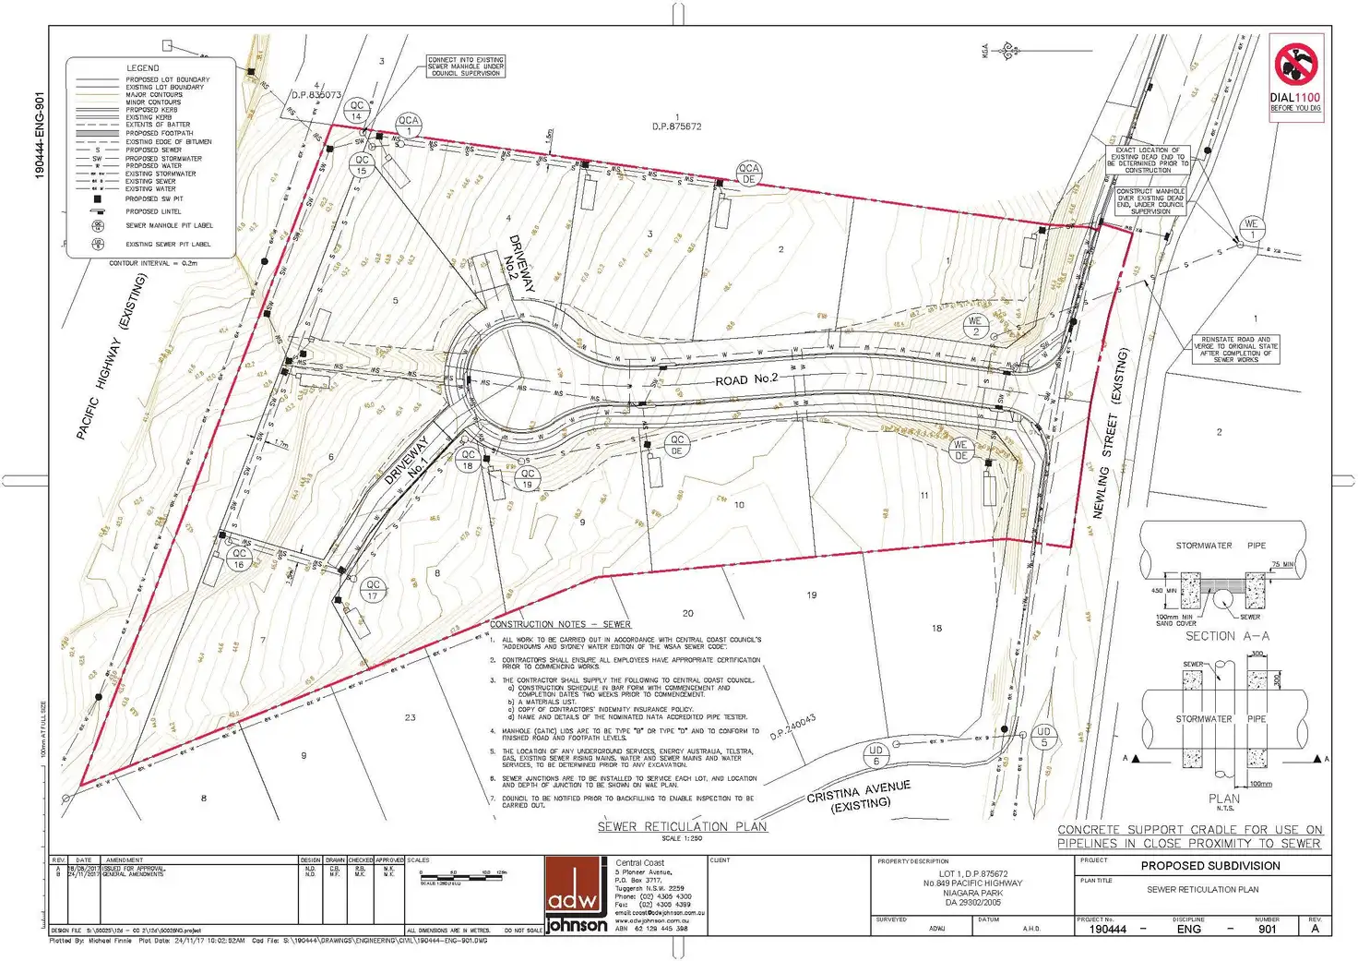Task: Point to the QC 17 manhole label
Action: tap(373, 590)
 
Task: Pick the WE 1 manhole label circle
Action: tap(1251, 229)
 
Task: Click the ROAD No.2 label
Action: tap(746, 379)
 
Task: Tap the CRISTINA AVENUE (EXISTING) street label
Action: tap(859, 796)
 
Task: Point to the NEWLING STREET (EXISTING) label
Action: tap(1111, 433)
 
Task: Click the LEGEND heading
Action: tap(142, 68)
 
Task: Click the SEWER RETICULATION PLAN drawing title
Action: tap(682, 826)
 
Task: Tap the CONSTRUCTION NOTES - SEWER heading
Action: tap(560, 624)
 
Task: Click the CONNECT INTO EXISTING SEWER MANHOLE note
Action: tap(466, 66)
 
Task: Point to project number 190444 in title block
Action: tap(1108, 929)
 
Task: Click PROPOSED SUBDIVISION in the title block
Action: tap(1210, 866)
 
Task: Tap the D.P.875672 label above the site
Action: tap(676, 126)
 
